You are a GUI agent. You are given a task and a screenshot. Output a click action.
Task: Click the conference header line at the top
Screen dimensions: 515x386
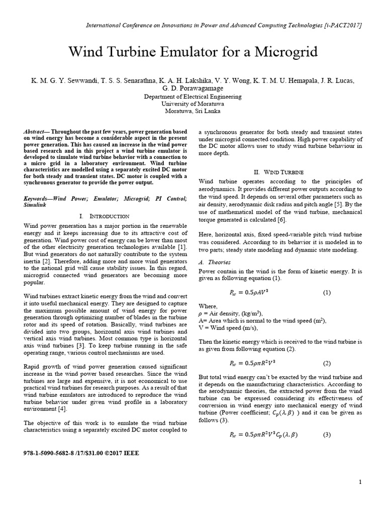click(224, 25)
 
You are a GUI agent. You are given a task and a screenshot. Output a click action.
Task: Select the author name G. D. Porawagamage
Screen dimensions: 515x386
click(192, 89)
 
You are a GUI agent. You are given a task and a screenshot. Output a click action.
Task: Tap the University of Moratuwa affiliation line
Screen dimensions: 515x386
click(192, 104)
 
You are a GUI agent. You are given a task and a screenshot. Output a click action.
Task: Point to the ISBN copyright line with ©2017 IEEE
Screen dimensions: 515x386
click(81, 453)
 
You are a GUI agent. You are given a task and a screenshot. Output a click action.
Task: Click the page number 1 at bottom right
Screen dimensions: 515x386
click(360, 482)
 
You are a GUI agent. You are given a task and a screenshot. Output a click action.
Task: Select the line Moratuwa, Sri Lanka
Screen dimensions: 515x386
click(192, 111)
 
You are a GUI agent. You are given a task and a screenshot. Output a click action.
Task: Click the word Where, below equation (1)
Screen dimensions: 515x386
click(208, 306)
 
